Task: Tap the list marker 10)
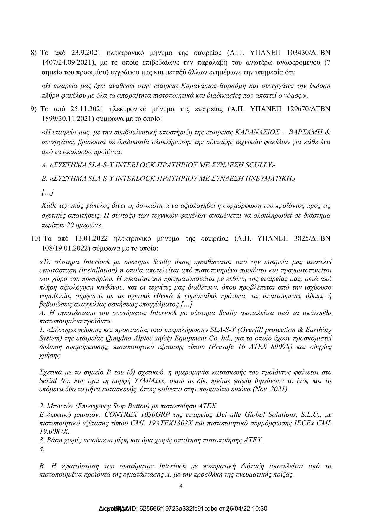pyautogui.click(x=35, y=239)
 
